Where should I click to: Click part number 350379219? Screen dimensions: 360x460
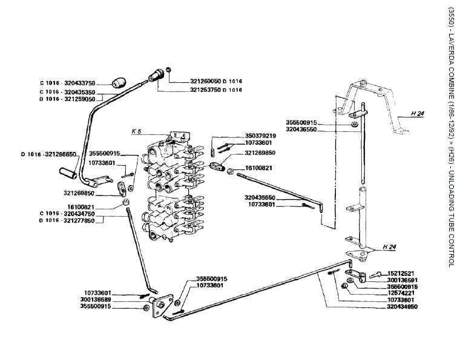pos(260,136)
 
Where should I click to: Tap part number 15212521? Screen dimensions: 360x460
pos(402,273)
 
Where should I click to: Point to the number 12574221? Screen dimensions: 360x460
pos(402,293)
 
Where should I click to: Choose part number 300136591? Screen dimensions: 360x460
pos(402,280)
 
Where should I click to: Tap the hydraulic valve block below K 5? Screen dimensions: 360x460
pos(169,188)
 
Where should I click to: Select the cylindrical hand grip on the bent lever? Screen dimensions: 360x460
pos(68,174)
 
